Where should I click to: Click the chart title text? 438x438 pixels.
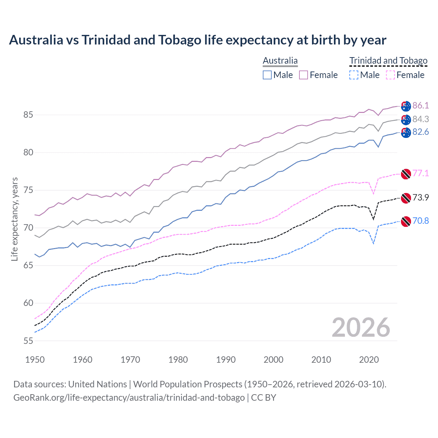coord(197,40)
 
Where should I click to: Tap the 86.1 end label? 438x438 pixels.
coord(421,105)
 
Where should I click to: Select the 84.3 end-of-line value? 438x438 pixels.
coord(421,119)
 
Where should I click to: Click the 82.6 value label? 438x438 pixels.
coord(421,132)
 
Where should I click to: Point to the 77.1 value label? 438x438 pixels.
coord(421,173)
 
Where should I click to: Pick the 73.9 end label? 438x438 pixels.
coord(421,197)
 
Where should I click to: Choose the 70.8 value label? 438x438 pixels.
coord(421,221)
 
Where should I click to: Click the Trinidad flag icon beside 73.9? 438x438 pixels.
coord(406,198)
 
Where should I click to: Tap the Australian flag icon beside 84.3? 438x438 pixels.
coord(406,119)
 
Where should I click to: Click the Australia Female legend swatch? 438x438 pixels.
coord(304,75)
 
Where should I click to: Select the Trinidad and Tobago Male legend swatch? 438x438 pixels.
coord(354,75)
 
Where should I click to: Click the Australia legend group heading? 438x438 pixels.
coord(280,61)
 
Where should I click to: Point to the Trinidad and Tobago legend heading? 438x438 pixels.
coord(388,61)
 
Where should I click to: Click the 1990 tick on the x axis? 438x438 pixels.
coord(226,360)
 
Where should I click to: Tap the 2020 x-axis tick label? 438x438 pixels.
coord(369,360)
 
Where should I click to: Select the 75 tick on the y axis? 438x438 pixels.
coord(28,190)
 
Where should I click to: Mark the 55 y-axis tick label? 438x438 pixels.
coord(28,341)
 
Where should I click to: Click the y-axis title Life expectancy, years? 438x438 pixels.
coord(15,219)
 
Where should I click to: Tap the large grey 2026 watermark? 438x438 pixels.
coord(361,327)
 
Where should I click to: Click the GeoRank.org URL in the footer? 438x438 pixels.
coord(129,398)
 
